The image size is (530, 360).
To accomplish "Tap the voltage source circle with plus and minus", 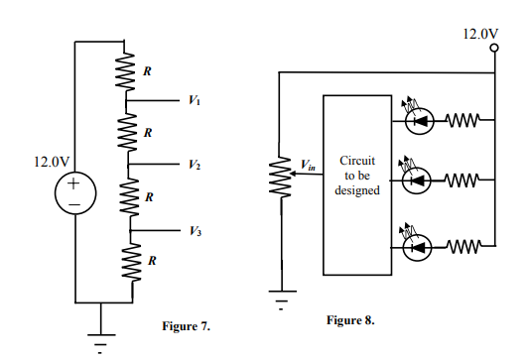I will click(x=75, y=190).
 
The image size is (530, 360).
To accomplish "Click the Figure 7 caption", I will click(x=186, y=325).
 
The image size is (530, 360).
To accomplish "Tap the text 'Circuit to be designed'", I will click(x=357, y=175).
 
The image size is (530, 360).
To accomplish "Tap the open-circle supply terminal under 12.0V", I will click(x=493, y=49).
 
